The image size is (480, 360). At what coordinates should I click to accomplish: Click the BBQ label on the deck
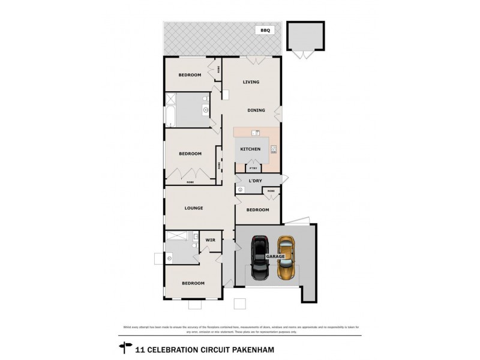click(x=264, y=29)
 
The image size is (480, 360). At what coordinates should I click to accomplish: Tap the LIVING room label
click(x=251, y=82)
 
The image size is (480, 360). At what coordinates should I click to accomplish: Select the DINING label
click(x=256, y=110)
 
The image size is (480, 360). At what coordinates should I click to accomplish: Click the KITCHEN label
click(x=250, y=149)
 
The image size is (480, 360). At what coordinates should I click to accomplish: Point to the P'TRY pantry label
click(x=244, y=169)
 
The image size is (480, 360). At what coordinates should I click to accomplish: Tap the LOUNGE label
click(x=194, y=208)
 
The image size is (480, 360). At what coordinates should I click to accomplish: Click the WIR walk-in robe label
click(x=210, y=240)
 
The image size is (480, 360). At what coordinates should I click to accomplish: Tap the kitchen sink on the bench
click(x=254, y=133)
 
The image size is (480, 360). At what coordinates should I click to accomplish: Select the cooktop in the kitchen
click(x=274, y=149)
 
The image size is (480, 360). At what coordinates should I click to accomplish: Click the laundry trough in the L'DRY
click(x=241, y=190)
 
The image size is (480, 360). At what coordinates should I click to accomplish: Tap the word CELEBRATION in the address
click(x=171, y=347)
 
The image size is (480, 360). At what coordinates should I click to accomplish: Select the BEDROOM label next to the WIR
click(x=193, y=283)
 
